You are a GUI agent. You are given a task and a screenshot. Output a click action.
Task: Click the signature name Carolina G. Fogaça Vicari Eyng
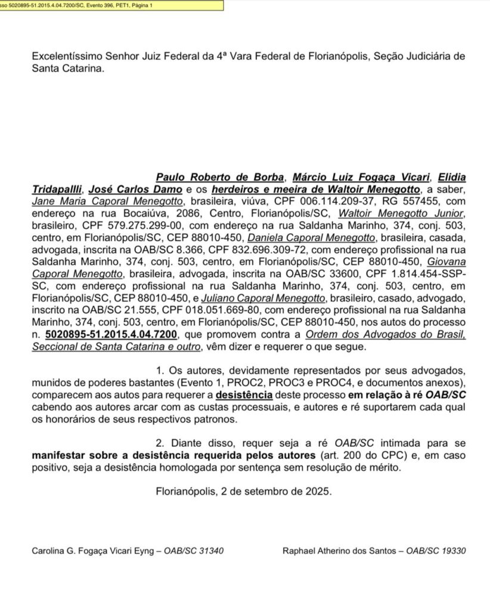[x=94, y=550]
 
